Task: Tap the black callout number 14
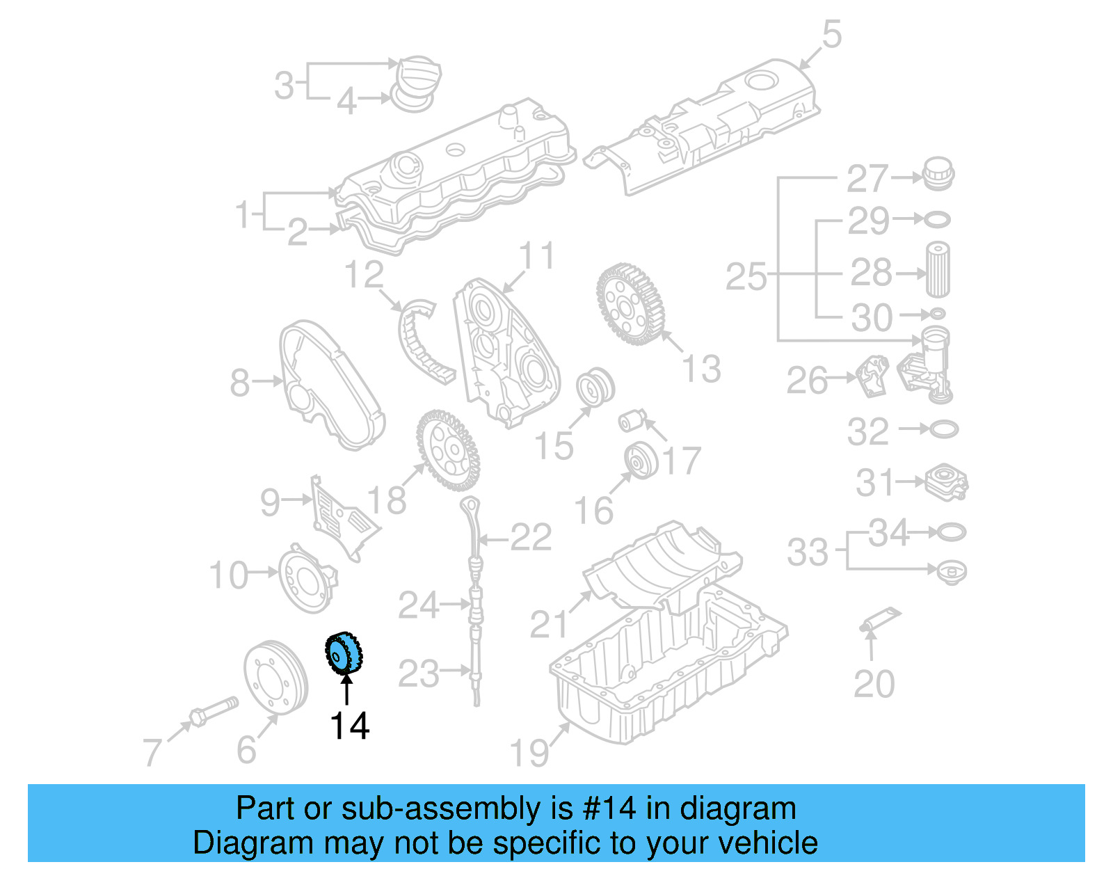(349, 726)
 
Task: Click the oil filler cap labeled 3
(418, 72)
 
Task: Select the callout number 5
(831, 34)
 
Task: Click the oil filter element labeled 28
(937, 270)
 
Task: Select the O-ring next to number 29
(937, 221)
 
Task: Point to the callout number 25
(745, 277)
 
